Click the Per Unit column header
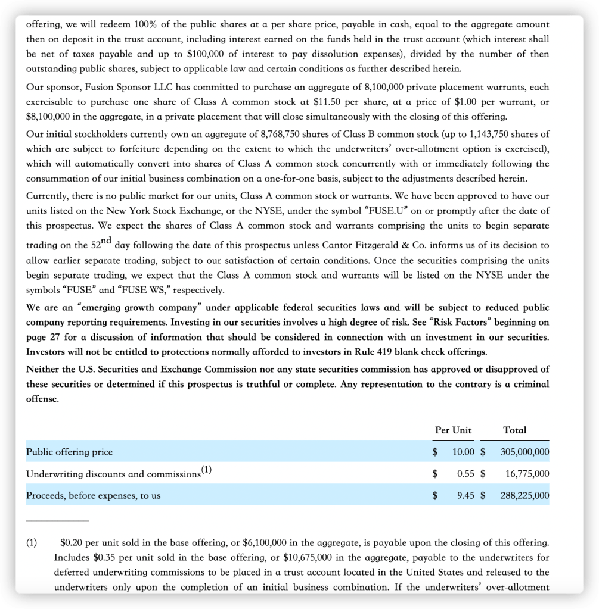pyautogui.click(x=453, y=430)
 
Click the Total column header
pyautogui.click(x=514, y=430)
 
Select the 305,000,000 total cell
pyautogui.click(x=524, y=452)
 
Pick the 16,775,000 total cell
pyautogui.click(x=527, y=474)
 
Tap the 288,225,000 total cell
pyautogui.click(x=524, y=495)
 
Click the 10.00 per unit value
pyautogui.click(x=463, y=452)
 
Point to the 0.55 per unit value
pyautogui.click(x=465, y=474)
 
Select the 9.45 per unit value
pyautogui.click(x=465, y=495)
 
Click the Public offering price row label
pyautogui.click(x=69, y=452)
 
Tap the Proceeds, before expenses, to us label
pyautogui.click(x=93, y=495)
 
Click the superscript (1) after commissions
pyautogui.click(x=206, y=470)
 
